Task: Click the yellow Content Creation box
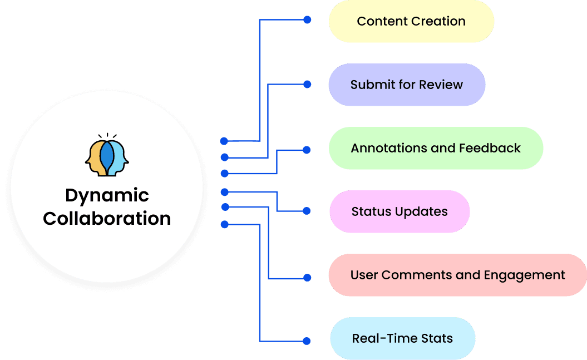pyautogui.click(x=411, y=21)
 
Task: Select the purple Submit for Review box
pyautogui.click(x=407, y=85)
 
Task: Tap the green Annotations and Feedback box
pyautogui.click(x=436, y=148)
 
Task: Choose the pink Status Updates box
pyautogui.click(x=399, y=211)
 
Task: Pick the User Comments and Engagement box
pyautogui.click(x=457, y=275)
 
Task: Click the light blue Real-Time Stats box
pyautogui.click(x=402, y=338)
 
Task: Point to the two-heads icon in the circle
pyautogui.click(x=107, y=157)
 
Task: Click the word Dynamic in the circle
pyautogui.click(x=107, y=195)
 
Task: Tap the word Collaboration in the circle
pyautogui.click(x=107, y=218)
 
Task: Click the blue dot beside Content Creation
pyautogui.click(x=307, y=20)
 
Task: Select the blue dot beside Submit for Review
pyautogui.click(x=307, y=85)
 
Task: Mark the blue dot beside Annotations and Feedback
pyautogui.click(x=307, y=150)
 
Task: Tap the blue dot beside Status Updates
pyautogui.click(x=307, y=211)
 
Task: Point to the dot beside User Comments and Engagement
pyautogui.click(x=307, y=277)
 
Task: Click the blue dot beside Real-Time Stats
pyautogui.click(x=307, y=341)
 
